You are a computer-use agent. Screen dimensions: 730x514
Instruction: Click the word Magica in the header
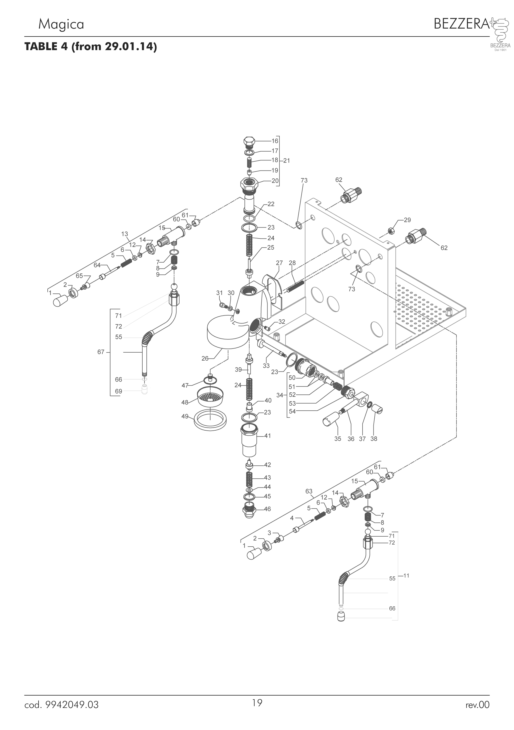(x=61, y=24)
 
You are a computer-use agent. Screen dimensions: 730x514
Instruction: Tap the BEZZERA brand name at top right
(x=461, y=24)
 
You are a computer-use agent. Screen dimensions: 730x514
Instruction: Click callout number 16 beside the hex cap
(x=275, y=141)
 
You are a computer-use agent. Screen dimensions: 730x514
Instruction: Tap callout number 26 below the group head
(x=205, y=358)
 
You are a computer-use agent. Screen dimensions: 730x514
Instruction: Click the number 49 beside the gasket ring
(x=185, y=416)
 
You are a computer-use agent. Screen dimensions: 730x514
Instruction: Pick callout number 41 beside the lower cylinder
(x=268, y=436)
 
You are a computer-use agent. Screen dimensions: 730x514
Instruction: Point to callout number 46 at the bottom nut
(x=268, y=509)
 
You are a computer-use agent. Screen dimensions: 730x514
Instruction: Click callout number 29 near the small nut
(x=407, y=220)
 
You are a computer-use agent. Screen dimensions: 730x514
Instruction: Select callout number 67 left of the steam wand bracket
(x=101, y=352)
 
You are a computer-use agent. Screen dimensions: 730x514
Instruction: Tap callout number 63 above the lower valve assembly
(x=309, y=491)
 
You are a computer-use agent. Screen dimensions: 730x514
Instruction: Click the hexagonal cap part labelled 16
(x=249, y=142)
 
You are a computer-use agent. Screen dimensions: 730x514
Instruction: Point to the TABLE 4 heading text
(x=91, y=47)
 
